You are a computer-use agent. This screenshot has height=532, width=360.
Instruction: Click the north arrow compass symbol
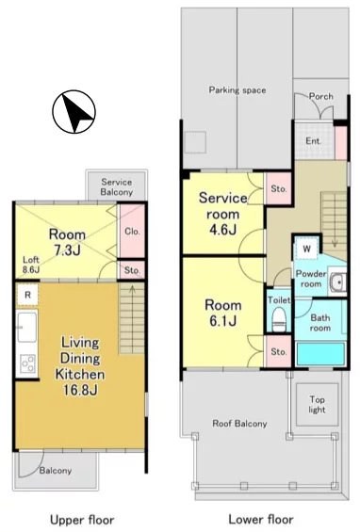74,112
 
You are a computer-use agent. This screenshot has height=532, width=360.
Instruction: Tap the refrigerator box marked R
27,295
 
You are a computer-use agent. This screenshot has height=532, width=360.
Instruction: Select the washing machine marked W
306,249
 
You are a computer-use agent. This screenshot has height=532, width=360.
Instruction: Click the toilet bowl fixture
279,319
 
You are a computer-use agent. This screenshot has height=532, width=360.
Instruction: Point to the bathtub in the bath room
321,354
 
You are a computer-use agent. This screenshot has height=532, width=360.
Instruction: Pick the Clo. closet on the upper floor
131,232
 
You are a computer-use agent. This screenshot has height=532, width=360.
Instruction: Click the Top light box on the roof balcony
318,405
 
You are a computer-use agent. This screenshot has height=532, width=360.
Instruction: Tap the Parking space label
237,90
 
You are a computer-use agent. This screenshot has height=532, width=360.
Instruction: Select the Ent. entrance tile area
315,141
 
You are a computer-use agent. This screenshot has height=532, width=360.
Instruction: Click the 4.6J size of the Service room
222,230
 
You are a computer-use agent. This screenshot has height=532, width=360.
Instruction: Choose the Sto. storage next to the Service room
278,188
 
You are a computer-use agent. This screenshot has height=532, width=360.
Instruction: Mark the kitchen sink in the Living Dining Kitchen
26,328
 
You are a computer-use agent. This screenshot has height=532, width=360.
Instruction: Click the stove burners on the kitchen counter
28,363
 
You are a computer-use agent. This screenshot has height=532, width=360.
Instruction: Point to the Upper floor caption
82,520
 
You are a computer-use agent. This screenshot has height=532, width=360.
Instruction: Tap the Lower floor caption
261,519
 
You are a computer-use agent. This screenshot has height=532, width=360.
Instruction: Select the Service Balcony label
117,187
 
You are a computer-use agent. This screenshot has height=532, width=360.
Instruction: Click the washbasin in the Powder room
337,282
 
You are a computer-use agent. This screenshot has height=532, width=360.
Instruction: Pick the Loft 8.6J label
31,265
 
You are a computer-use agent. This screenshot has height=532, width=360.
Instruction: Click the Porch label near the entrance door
321,96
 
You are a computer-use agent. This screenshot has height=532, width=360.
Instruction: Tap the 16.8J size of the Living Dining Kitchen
80,390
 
